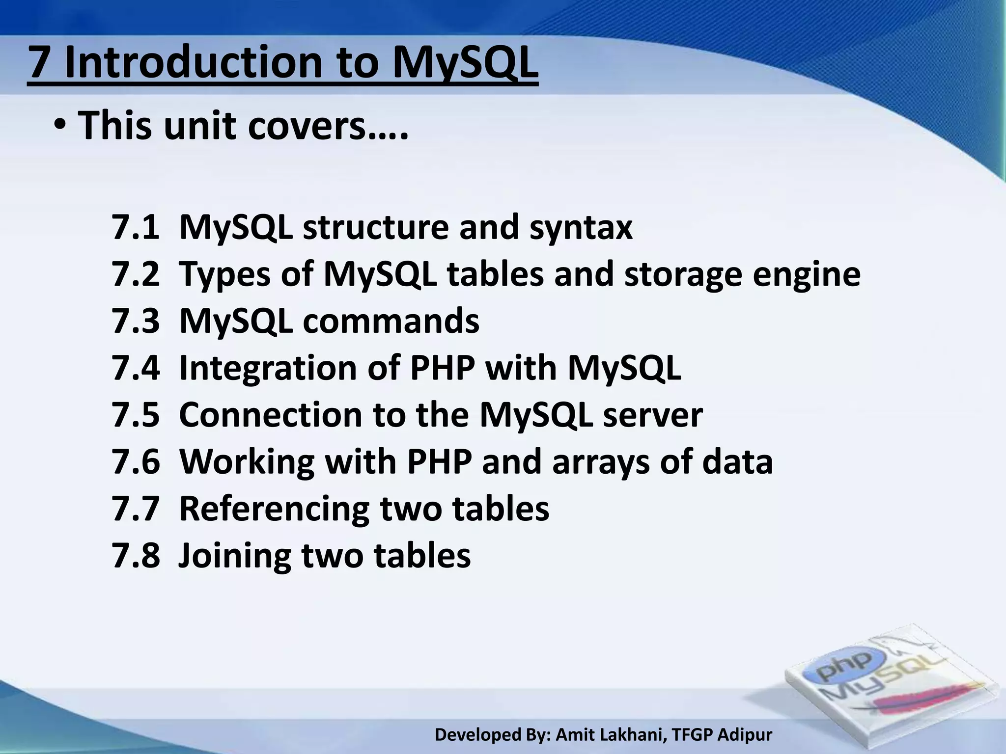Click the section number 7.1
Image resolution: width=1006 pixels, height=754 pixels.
tap(136, 227)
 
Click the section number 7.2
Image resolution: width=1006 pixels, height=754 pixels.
tap(136, 274)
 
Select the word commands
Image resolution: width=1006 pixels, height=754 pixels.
tap(391, 321)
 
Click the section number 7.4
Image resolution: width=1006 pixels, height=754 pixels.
tap(136, 368)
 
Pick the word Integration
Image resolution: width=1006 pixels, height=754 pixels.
tap(268, 369)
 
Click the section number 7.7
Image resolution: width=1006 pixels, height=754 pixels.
tap(136, 508)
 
